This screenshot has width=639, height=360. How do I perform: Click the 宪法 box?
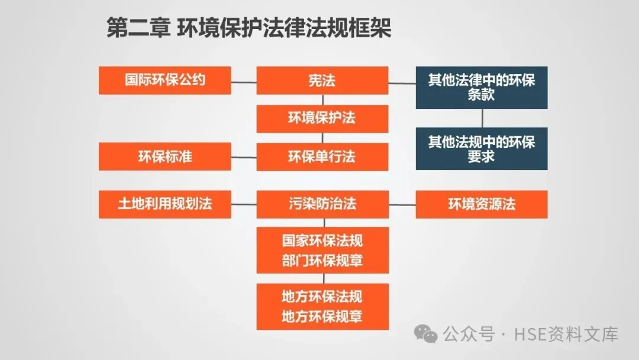[x=322, y=80]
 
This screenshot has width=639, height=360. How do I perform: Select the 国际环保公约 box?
[x=164, y=80]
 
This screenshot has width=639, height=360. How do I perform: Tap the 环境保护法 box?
[x=322, y=118]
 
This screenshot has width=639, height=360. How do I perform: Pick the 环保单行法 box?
[x=322, y=157]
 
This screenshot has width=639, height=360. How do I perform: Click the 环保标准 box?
[x=164, y=157]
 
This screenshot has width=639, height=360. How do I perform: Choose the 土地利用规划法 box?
[x=164, y=204]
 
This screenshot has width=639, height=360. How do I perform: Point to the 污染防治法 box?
[x=322, y=204]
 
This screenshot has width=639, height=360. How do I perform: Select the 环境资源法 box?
[x=482, y=204]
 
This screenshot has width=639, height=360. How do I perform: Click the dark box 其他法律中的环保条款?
[x=482, y=87]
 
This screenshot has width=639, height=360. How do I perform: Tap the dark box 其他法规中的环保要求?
[x=482, y=149]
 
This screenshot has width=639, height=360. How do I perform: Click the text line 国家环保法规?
[x=322, y=241]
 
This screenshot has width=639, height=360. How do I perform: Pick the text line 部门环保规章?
[x=322, y=261]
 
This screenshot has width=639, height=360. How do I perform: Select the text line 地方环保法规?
[x=322, y=297]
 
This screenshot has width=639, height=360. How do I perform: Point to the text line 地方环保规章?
[x=322, y=317]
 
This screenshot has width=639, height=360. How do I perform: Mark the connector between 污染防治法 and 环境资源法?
[x=402, y=205]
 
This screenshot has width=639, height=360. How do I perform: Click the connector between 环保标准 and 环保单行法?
[x=243, y=157]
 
